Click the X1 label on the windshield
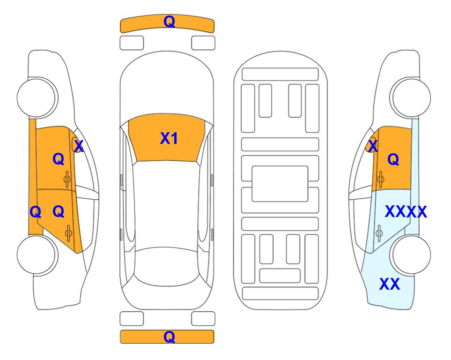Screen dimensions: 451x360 pyautogui.click(x=169, y=138)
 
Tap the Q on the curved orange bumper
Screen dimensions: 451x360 pyautogui.click(x=169, y=22)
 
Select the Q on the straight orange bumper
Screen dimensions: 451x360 pyautogui.click(x=169, y=337)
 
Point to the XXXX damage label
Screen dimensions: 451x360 pyautogui.click(x=406, y=212)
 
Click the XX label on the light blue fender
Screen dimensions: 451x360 pyautogui.click(x=390, y=284)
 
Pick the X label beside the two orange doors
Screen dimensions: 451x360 pyautogui.click(x=79, y=146)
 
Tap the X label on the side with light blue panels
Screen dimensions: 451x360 pyautogui.click(x=373, y=146)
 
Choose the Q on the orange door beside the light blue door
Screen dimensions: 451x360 pyautogui.click(x=393, y=159)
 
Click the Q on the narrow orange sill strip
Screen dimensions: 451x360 pyautogui.click(x=36, y=212)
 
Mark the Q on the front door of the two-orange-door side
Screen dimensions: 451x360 pyautogui.click(x=59, y=159)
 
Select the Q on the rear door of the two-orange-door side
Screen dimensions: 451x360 pyautogui.click(x=59, y=212)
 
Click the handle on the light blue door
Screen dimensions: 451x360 pyautogui.click(x=379, y=233)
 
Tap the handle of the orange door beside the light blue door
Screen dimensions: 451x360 pyautogui.click(x=381, y=179)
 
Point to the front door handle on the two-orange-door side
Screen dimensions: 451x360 pyautogui.click(x=67, y=180)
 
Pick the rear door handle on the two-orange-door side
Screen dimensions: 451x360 pyautogui.click(x=68, y=233)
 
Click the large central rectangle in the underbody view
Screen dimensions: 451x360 pyautogui.click(x=280, y=184)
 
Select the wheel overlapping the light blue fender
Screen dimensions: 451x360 pyautogui.click(x=410, y=255)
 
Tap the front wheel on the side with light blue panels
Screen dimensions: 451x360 pyautogui.click(x=410, y=97)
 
